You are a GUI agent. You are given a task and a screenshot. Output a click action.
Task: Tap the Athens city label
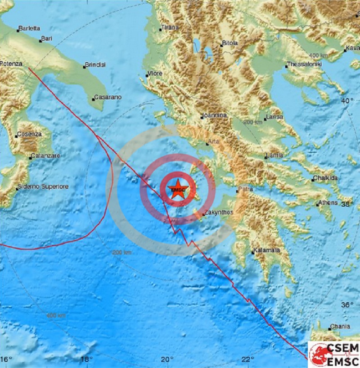pos(328,203)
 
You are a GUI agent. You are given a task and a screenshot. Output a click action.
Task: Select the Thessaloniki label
pos(305,64)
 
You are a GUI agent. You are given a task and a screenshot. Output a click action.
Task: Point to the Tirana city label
pos(170,27)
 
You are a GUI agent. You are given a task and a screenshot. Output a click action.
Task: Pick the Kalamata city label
pos(267,250)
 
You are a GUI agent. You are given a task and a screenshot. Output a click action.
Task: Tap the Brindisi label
pos(96,65)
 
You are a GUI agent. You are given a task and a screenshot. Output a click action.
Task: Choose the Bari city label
pos(47,39)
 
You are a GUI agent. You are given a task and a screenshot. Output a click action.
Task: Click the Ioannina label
pos(214,116)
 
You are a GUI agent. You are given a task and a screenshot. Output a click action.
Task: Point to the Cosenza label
pos(29,134)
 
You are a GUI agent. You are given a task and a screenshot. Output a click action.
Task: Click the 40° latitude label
pos(347,101)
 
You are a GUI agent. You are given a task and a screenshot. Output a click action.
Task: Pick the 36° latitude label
pos(347,305)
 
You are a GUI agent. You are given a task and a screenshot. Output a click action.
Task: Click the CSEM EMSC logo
pos(333,354)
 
